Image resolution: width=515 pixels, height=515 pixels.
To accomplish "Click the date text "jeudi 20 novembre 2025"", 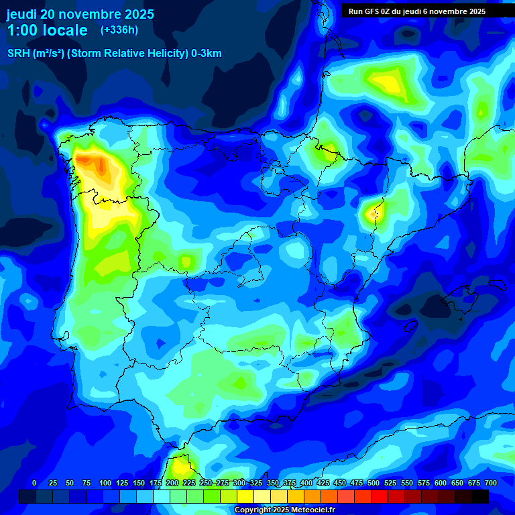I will [x=80, y=14].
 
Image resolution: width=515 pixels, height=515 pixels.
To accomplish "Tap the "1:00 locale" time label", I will [x=47, y=30].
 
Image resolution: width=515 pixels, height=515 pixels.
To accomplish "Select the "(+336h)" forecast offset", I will [x=119, y=30].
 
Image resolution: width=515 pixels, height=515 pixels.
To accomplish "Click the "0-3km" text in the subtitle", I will [x=207, y=54].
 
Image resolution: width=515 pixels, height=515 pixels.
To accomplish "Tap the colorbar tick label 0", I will [x=34, y=483].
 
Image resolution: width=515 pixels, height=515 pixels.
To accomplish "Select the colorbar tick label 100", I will [x=105, y=483].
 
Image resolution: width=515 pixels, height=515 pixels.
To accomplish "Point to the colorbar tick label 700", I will [x=490, y=483].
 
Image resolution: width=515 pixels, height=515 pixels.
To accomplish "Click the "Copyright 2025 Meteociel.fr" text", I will [x=284, y=510].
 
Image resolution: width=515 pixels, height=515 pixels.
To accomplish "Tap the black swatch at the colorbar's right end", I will [x=480, y=496].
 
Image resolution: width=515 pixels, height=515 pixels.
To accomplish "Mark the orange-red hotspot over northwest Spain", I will [x=100, y=166].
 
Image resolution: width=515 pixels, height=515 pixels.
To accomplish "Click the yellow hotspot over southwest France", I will [x=388, y=82].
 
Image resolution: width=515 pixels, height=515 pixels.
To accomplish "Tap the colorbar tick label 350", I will [x=273, y=483].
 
